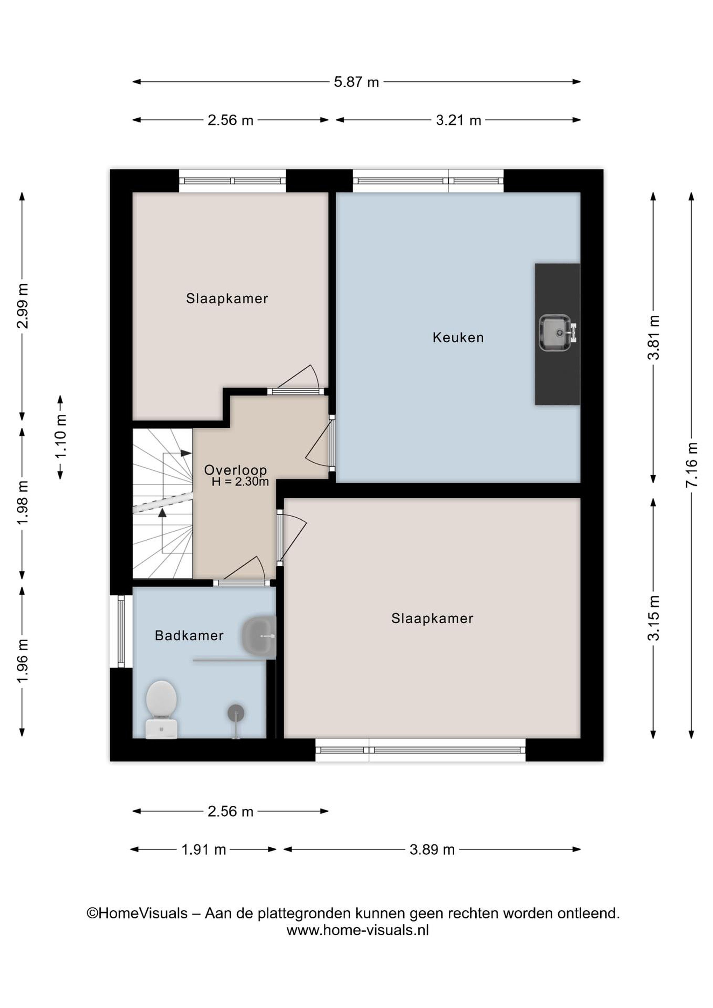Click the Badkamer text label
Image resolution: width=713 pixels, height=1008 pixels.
189,635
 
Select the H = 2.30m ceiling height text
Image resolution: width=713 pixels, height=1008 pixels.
240,482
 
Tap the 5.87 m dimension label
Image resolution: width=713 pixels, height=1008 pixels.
356,82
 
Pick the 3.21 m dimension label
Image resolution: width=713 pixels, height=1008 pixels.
459,120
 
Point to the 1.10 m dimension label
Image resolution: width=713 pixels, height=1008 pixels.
61,436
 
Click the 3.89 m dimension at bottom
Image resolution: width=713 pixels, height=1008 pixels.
432,849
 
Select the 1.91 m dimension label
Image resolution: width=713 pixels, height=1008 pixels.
204,849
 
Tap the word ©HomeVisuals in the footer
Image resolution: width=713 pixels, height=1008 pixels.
137,913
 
